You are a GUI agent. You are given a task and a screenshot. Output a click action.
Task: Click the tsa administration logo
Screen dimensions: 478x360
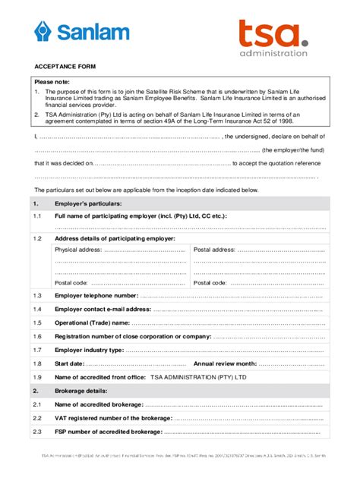click(273, 37)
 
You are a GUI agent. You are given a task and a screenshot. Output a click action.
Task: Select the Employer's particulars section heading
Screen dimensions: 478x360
click(88, 204)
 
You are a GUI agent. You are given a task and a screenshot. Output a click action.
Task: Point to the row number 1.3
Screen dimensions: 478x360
click(37, 295)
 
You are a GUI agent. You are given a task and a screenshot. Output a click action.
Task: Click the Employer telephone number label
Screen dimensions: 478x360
click(96, 295)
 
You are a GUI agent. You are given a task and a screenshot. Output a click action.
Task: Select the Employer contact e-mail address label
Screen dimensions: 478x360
click(103, 309)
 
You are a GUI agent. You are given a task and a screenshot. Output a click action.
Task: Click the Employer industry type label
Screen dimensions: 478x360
click(89, 350)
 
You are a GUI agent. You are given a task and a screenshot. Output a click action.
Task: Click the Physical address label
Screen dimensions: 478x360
click(78, 249)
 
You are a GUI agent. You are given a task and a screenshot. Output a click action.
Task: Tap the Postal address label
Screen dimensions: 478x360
click(214, 249)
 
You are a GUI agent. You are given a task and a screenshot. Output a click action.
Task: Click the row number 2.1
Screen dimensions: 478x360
click(37, 404)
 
